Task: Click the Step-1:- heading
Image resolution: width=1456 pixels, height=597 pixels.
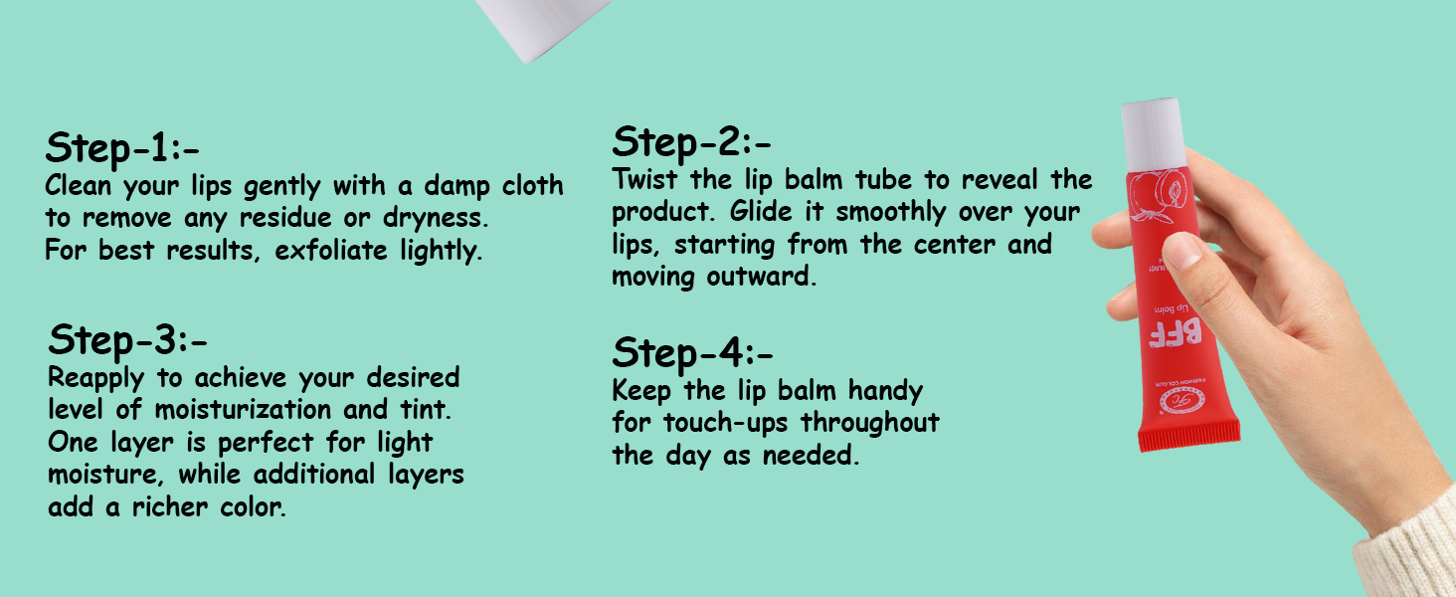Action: [122, 148]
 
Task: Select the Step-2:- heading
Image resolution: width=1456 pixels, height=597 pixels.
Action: [692, 142]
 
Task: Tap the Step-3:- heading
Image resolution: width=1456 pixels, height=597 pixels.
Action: [127, 340]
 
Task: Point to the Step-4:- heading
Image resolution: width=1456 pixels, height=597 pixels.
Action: [692, 352]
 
